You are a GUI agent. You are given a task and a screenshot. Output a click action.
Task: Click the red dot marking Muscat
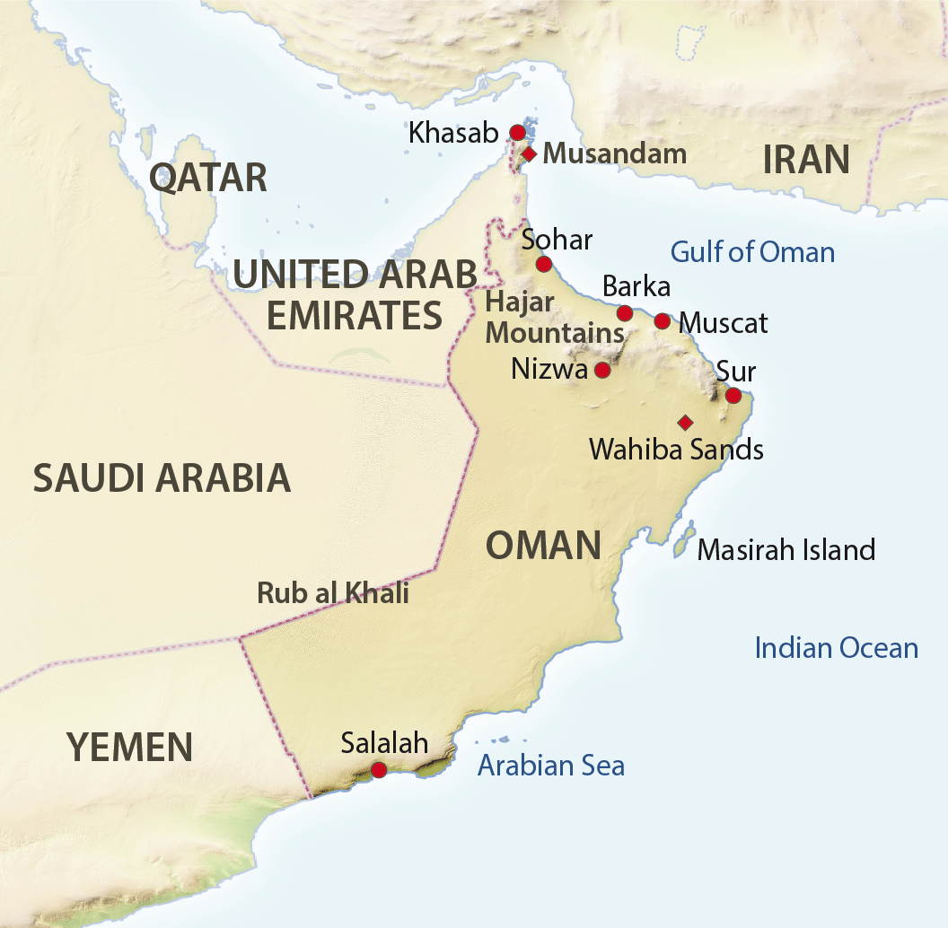click(x=662, y=321)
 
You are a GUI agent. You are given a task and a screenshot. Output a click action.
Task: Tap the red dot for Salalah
click(x=379, y=769)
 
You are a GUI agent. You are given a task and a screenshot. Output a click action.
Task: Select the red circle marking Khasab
click(x=517, y=133)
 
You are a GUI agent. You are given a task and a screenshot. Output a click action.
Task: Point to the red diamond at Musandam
click(x=529, y=154)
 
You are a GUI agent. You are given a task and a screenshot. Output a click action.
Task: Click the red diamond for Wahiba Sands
click(x=685, y=422)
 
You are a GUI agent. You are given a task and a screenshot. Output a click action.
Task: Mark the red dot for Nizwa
click(x=602, y=370)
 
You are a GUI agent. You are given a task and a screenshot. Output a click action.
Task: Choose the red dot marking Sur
click(x=733, y=395)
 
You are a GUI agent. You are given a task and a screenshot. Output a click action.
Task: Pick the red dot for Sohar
click(x=543, y=264)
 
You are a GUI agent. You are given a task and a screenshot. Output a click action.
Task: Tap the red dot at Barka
click(x=625, y=313)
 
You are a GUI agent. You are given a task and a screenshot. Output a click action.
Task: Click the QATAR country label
click(x=207, y=178)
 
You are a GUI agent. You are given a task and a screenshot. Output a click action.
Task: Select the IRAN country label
click(x=805, y=160)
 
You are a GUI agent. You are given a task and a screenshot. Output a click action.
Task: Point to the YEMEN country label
click(x=129, y=747)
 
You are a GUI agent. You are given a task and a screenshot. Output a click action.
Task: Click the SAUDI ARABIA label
click(x=162, y=478)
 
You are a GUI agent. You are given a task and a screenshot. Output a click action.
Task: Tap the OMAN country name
click(x=542, y=545)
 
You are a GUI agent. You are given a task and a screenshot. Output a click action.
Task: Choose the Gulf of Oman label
click(x=752, y=252)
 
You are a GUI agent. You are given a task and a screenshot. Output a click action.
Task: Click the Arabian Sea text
click(x=550, y=766)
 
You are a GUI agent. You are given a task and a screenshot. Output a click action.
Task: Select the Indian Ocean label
click(x=836, y=648)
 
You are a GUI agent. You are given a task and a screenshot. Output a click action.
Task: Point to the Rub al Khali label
click(x=332, y=593)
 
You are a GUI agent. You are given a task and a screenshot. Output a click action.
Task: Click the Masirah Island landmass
click(x=685, y=540)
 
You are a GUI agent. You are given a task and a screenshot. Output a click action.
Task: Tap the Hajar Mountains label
click(x=554, y=318)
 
